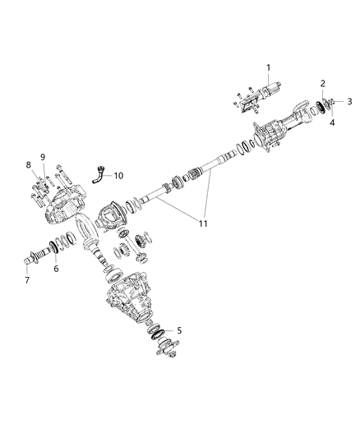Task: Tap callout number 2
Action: [x=323, y=84]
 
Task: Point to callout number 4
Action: [x=332, y=122]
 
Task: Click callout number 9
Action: [x=43, y=157]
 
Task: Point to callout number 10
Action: [x=118, y=175]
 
